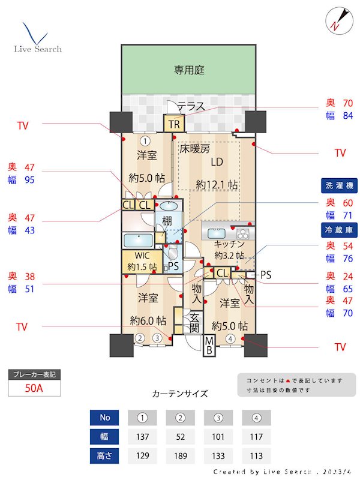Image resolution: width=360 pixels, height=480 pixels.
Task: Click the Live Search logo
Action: click(x=37, y=39)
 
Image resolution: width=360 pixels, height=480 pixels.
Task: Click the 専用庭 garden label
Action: click(x=190, y=70)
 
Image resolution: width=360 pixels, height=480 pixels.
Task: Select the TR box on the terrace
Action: click(x=175, y=124)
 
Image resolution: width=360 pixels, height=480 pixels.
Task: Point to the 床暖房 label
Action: click(x=195, y=148)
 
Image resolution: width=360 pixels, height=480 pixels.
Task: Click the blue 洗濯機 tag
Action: click(x=340, y=186)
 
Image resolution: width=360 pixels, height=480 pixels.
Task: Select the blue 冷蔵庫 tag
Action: click(x=340, y=229)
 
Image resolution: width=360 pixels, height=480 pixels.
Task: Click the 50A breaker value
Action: click(x=34, y=388)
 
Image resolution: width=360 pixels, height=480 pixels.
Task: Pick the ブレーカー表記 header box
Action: click(x=34, y=375)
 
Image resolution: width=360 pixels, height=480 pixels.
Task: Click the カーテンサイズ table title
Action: click(x=180, y=394)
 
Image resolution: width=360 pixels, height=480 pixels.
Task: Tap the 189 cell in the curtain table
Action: click(x=179, y=455)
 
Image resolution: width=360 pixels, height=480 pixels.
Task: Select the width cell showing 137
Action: click(x=142, y=436)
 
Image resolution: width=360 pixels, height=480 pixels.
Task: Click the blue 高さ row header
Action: click(x=105, y=455)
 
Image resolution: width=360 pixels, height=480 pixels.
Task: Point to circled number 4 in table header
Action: click(x=256, y=417)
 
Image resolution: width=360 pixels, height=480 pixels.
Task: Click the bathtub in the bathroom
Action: click(x=137, y=241)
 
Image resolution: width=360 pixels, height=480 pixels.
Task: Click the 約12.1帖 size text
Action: click(x=217, y=184)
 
